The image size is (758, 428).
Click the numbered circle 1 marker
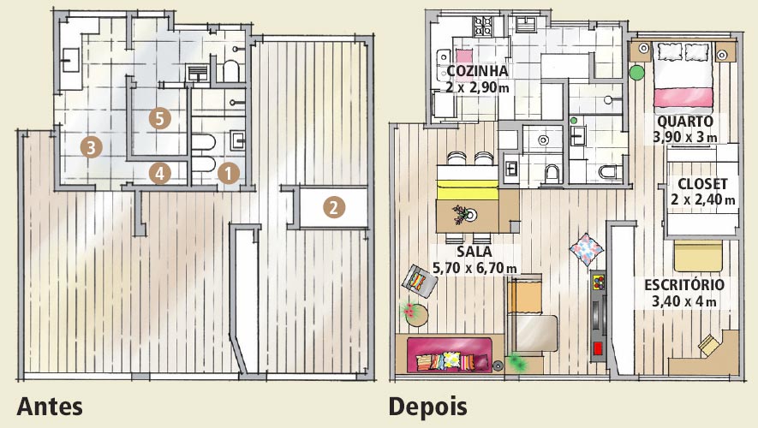[229, 174]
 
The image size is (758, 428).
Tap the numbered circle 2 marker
[333, 207]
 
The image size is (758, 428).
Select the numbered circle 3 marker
[92, 146]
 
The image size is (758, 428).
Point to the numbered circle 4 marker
[160, 174]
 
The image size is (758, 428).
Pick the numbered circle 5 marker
[160, 118]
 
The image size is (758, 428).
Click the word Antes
[50, 407]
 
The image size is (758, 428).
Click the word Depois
[428, 407]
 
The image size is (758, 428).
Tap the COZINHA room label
[477, 71]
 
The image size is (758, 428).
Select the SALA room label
[474, 252]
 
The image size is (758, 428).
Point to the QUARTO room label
[685, 122]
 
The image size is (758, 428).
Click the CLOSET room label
[702, 184]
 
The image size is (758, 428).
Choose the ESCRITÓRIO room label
[684, 284]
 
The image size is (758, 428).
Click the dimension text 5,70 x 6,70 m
[474, 268]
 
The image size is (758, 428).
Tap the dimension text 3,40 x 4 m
[684, 301]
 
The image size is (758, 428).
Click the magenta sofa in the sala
[449, 354]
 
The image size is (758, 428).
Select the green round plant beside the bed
[637, 73]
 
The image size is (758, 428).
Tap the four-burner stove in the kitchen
[482, 27]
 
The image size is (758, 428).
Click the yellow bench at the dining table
[468, 189]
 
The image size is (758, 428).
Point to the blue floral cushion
[587, 249]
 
